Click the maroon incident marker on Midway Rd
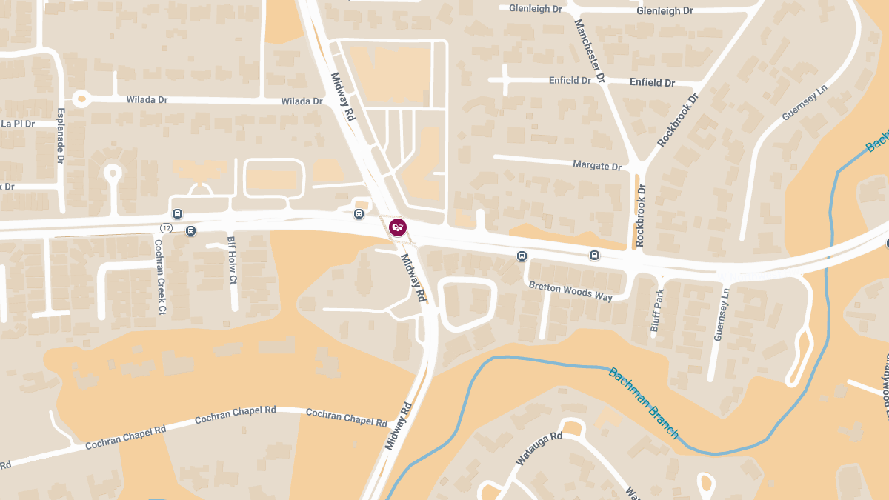tap(398, 227)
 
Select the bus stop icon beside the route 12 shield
tap(191, 230)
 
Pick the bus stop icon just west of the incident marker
tap(359, 214)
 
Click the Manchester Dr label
tap(590, 51)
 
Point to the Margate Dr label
tap(598, 166)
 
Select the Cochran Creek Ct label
tap(159, 276)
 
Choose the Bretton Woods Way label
tap(570, 290)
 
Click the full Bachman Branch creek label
tap(643, 403)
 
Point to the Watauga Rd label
tap(539, 449)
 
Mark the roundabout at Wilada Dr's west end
tap(81, 98)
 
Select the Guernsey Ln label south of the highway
tap(721, 315)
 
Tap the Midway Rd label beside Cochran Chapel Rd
tap(398, 426)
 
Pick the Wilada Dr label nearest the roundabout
tap(147, 99)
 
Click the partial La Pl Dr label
tap(19, 124)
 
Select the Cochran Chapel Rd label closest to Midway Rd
tap(346, 418)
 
